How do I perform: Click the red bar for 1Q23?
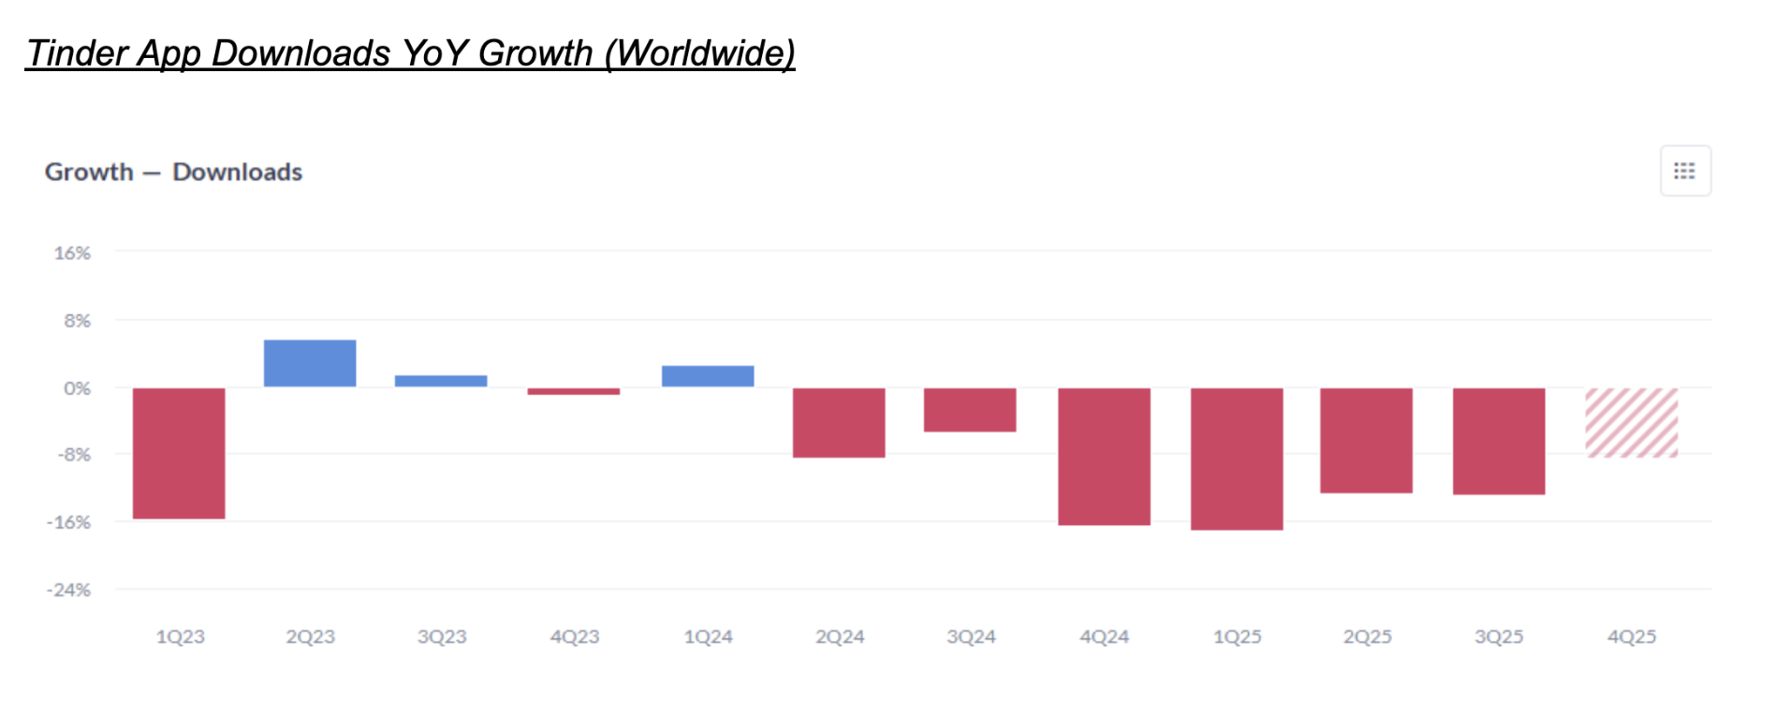(179, 453)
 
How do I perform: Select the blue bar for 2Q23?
(310, 363)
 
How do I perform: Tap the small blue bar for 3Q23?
(441, 381)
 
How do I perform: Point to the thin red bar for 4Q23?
(574, 391)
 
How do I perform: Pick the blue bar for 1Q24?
(708, 376)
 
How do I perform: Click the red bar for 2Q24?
(839, 422)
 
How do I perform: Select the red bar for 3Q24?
(970, 410)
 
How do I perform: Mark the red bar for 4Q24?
(1105, 456)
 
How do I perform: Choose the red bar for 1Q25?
(1237, 459)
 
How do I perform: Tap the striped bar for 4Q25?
(1632, 422)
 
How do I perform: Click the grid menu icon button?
(1685, 171)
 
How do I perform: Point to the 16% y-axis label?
(72, 254)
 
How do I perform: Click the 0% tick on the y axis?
(77, 388)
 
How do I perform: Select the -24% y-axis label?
(69, 590)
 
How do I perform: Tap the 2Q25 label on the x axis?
(1368, 637)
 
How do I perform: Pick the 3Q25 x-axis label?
(1499, 637)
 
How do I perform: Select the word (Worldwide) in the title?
(699, 53)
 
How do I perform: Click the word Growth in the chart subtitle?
(89, 172)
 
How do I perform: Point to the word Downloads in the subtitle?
(238, 172)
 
